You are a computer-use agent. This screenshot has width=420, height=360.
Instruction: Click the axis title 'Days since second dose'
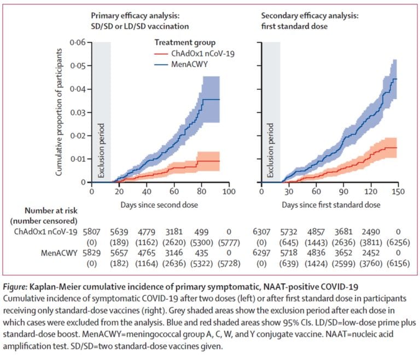tap(159, 205)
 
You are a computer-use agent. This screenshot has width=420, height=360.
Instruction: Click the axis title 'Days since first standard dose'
tap(331, 205)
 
